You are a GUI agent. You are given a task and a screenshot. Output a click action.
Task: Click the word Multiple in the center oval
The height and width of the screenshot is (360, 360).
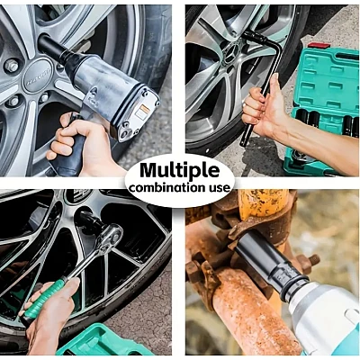(x=180, y=171)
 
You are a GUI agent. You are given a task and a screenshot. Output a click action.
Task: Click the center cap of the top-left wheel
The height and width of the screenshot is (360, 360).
(x=38, y=76)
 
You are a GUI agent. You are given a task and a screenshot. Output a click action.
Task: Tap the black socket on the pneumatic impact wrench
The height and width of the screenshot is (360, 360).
(x=54, y=49)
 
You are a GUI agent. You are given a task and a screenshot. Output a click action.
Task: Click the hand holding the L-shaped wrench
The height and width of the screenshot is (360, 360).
(x=264, y=112)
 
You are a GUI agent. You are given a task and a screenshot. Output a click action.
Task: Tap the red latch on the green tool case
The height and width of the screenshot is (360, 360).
(x=319, y=45)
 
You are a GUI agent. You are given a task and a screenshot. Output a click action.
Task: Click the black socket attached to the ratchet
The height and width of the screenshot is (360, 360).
(x=91, y=223)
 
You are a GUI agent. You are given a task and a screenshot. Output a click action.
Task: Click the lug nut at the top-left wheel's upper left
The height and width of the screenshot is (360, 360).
(x=11, y=66)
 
